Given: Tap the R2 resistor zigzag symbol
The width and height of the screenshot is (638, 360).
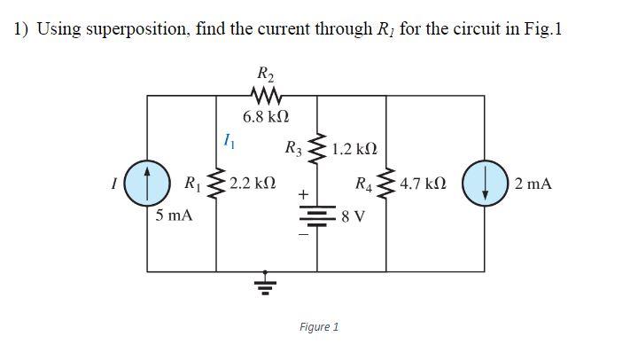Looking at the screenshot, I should [266, 94].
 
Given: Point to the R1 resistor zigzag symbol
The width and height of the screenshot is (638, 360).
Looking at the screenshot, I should [216, 184].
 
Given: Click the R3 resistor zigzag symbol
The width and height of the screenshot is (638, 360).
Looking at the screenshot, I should [317, 148].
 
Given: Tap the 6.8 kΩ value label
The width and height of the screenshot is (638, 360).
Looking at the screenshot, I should [266, 116].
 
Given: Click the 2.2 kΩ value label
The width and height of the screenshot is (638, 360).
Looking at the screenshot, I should [253, 184].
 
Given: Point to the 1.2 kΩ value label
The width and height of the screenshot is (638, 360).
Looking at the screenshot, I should [355, 147].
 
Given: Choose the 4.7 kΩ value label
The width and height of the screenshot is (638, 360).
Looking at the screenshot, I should [423, 184].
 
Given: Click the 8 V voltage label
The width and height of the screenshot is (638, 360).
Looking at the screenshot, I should [353, 217].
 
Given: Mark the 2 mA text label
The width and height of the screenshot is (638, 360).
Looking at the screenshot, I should [532, 184].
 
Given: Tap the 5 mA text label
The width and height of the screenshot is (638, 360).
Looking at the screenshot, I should [174, 215].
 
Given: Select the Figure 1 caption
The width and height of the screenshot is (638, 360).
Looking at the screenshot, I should [319, 327].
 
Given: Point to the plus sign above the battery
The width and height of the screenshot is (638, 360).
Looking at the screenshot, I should [303, 192].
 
